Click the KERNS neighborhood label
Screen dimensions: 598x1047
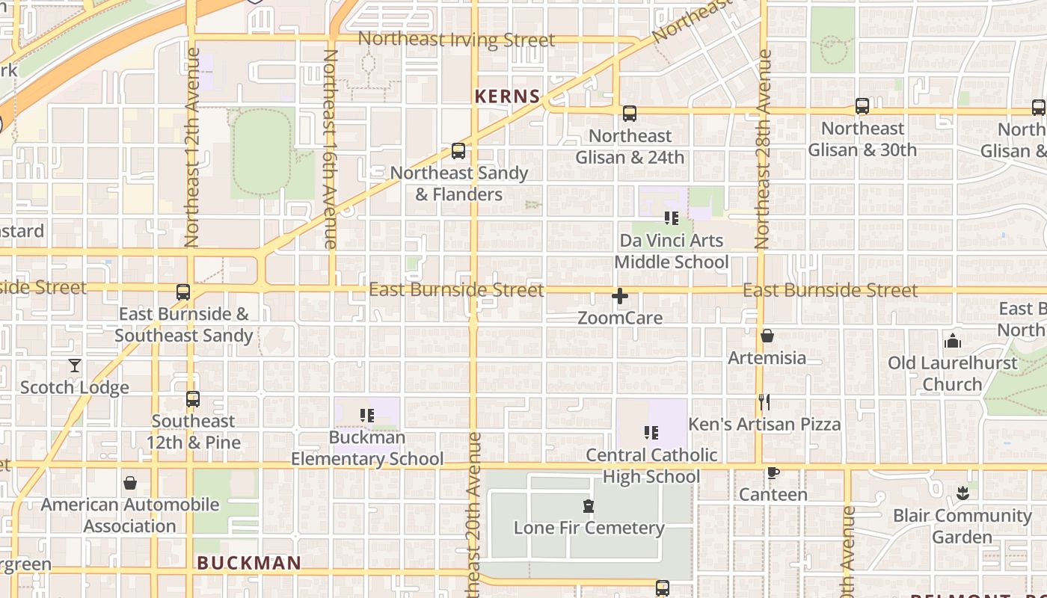pyautogui.click(x=508, y=96)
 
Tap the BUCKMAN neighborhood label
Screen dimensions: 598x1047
pyautogui.click(x=249, y=563)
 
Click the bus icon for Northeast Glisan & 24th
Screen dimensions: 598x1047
pyautogui.click(x=630, y=114)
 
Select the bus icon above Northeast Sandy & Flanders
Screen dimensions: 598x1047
pyautogui.click(x=458, y=151)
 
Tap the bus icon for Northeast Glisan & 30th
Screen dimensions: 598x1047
pyautogui.click(x=862, y=106)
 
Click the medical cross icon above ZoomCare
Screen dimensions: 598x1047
pyautogui.click(x=620, y=296)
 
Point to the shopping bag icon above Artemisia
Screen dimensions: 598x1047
pyautogui.click(x=767, y=336)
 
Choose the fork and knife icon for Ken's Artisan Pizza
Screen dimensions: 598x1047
pyautogui.click(x=764, y=402)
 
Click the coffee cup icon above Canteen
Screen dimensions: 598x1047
pyautogui.click(x=773, y=473)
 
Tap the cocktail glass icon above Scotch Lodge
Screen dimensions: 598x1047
pyautogui.click(x=75, y=366)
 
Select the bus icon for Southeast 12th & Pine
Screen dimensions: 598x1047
pyautogui.click(x=193, y=399)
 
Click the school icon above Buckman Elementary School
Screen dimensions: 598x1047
pyautogui.click(x=366, y=416)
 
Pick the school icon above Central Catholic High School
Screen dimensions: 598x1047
pyautogui.click(x=651, y=433)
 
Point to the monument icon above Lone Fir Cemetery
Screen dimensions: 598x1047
pyautogui.click(x=589, y=506)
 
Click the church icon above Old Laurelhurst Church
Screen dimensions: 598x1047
pyautogui.click(x=953, y=341)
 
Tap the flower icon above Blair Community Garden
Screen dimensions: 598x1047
pyautogui.click(x=962, y=493)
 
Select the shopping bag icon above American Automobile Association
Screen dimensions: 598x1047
pyautogui.click(x=130, y=483)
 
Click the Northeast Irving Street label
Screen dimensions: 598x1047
pyautogui.click(x=456, y=40)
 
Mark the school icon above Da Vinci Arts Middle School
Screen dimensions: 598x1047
pyautogui.click(x=672, y=218)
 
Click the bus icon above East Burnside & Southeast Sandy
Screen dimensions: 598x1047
pyautogui.click(x=183, y=292)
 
